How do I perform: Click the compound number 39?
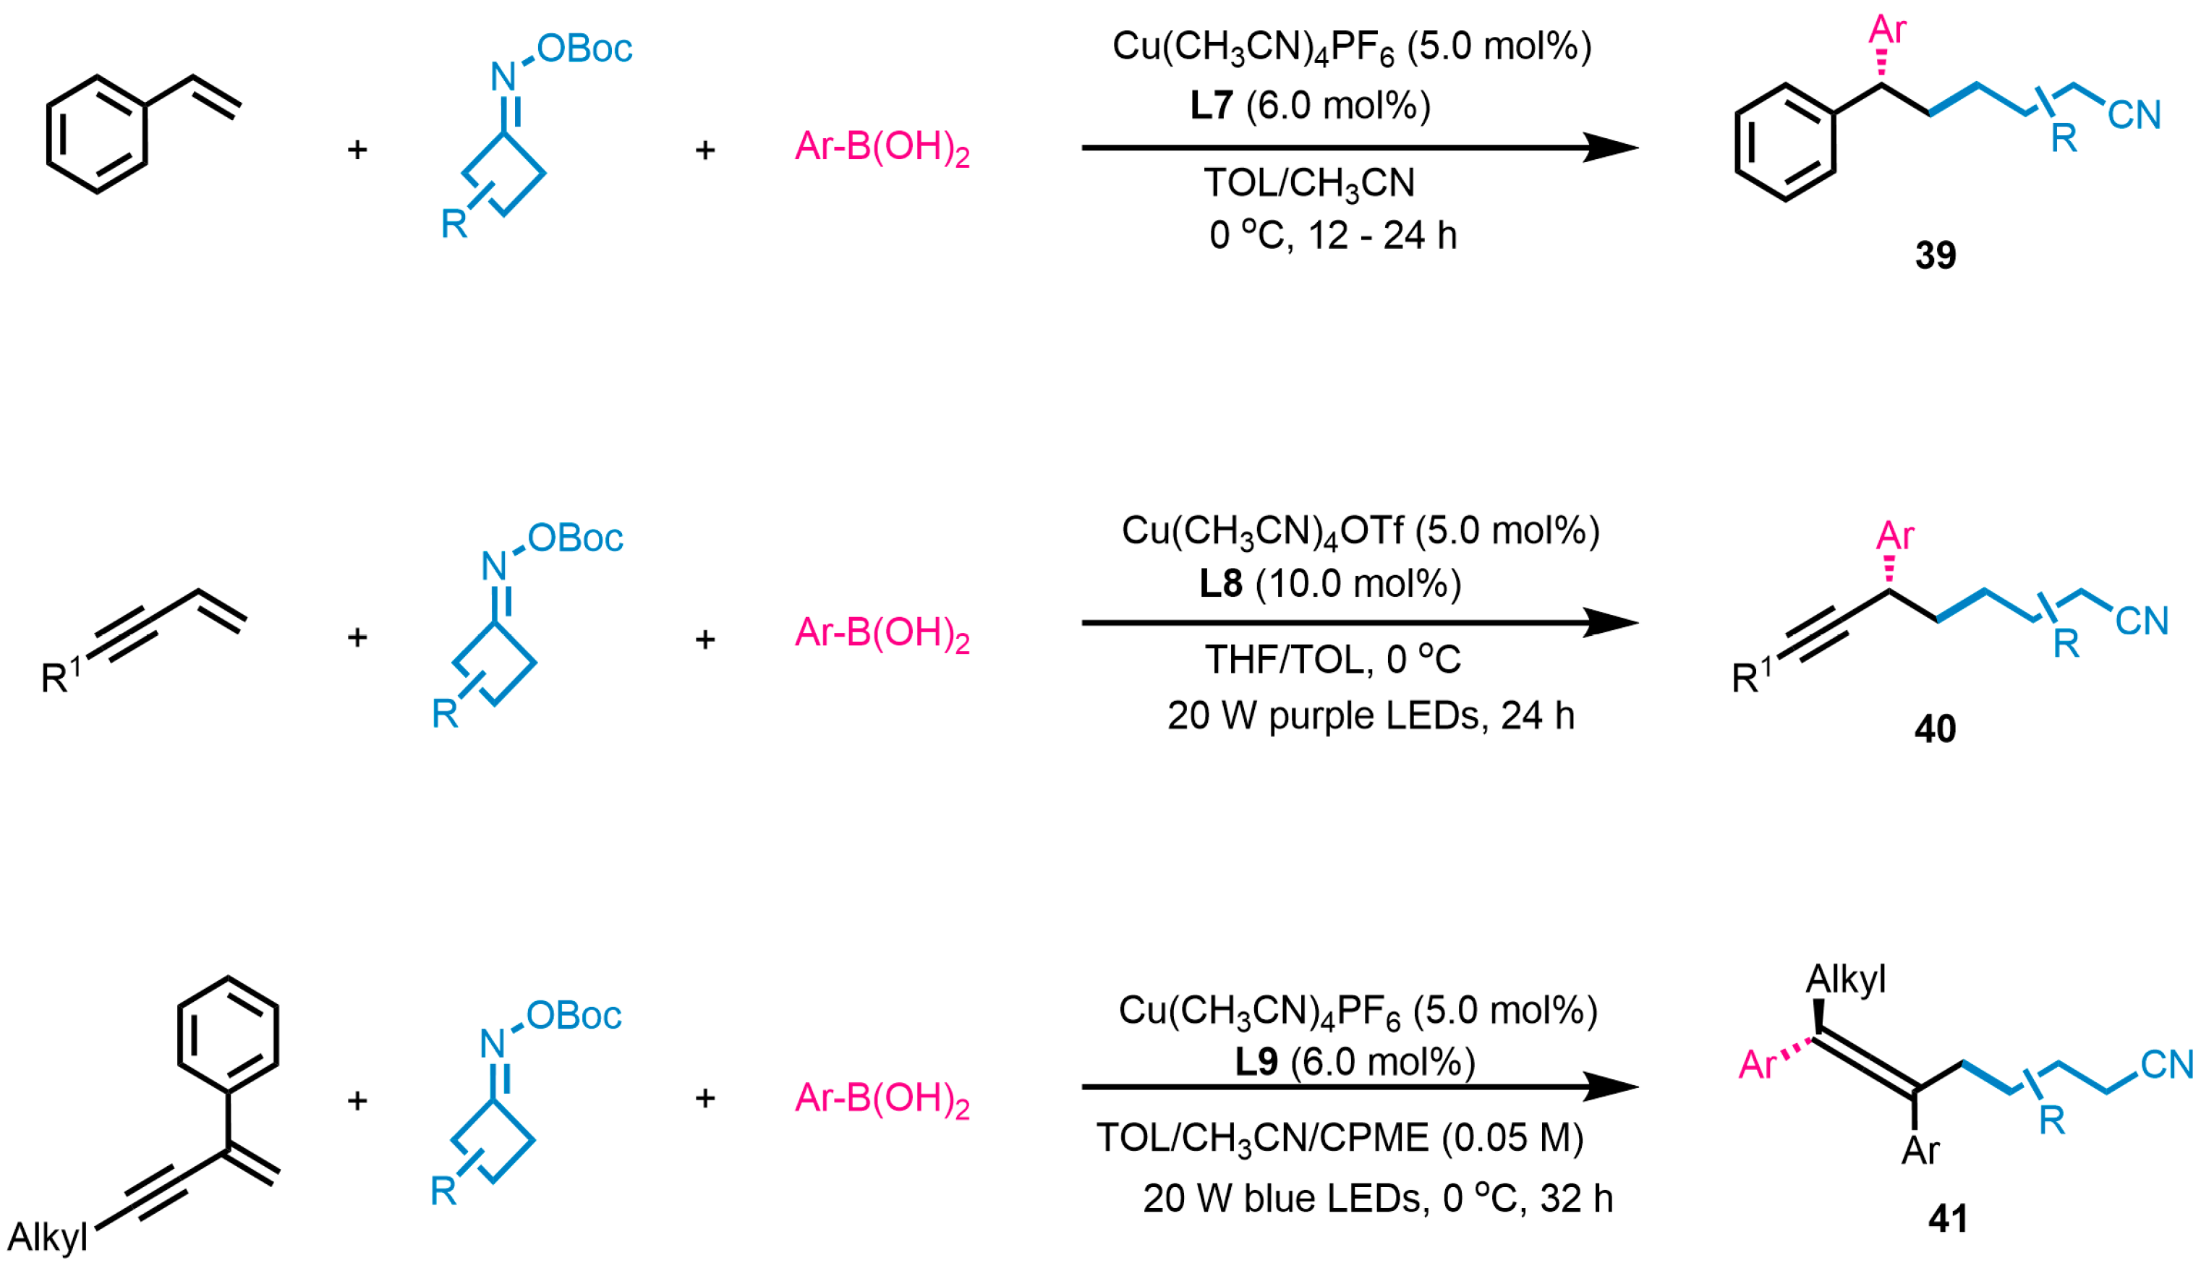pyautogui.click(x=1935, y=255)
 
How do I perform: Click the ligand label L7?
pyautogui.click(x=1212, y=106)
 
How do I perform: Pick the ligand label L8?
pyautogui.click(x=1220, y=583)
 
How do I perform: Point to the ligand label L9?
pyautogui.click(x=1256, y=1061)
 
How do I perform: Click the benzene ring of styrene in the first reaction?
pyautogui.click(x=96, y=135)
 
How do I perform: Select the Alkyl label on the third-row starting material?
pyautogui.click(x=48, y=1237)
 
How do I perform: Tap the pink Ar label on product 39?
pyautogui.click(x=1887, y=30)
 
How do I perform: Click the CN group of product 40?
pyautogui.click(x=2142, y=621)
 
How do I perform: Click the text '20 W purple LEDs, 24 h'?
pyautogui.click(x=1370, y=716)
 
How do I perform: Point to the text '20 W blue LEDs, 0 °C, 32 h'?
pyautogui.click(x=1377, y=1198)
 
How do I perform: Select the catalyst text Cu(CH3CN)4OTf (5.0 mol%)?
pyautogui.click(x=1360, y=531)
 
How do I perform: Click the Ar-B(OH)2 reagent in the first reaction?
pyautogui.click(x=882, y=148)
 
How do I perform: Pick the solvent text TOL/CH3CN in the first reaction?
pyautogui.click(x=1309, y=183)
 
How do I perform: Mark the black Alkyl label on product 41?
pyautogui.click(x=1845, y=979)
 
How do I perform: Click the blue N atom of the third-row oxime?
pyautogui.click(x=493, y=1043)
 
